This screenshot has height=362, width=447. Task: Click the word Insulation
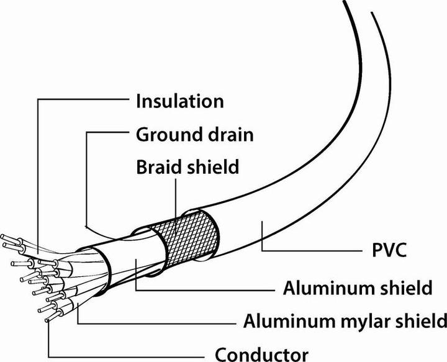(x=179, y=101)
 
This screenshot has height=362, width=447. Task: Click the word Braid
(x=156, y=167)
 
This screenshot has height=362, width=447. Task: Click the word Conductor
(x=261, y=354)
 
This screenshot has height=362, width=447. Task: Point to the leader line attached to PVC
(x=310, y=250)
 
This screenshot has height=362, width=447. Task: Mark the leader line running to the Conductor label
(x=124, y=354)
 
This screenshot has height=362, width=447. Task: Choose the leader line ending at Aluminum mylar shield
(x=155, y=322)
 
